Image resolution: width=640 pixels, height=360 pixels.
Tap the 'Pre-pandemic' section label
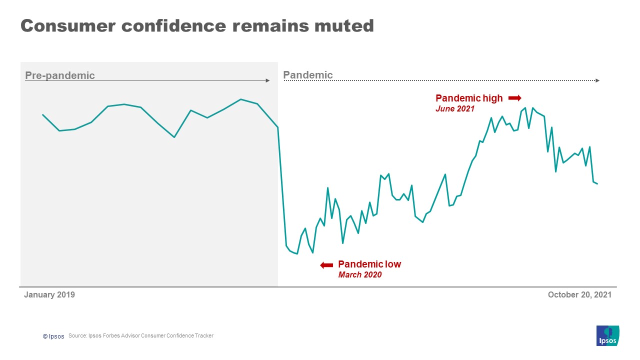pyautogui.click(x=59, y=75)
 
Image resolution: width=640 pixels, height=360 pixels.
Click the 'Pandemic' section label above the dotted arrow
pyautogui.click(x=307, y=75)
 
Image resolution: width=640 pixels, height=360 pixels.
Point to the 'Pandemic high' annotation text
pyautogui.click(x=469, y=98)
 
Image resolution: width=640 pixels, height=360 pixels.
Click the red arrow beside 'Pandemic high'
pyautogui.click(x=514, y=98)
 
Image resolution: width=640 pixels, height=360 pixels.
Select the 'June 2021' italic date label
pyautogui.click(x=455, y=109)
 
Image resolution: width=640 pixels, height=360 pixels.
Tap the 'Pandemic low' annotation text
pyautogui.click(x=369, y=264)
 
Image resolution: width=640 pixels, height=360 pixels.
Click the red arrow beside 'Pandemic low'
pyautogui.click(x=326, y=265)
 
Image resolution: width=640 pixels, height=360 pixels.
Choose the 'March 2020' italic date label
pyautogui.click(x=360, y=275)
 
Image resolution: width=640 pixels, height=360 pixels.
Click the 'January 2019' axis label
pyautogui.click(x=49, y=295)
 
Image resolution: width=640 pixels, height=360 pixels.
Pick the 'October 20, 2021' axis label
pyautogui.click(x=579, y=295)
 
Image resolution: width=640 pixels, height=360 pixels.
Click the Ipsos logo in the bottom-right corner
pyautogui.click(x=607, y=335)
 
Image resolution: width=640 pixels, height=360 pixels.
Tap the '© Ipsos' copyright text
pyautogui.click(x=53, y=336)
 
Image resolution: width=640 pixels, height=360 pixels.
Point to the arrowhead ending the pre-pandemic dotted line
pyautogui.click(x=268, y=80)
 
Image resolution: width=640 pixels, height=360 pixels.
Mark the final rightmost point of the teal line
pyautogui.click(x=597, y=184)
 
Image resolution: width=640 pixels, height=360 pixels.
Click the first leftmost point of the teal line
pyautogui.click(x=43, y=114)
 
